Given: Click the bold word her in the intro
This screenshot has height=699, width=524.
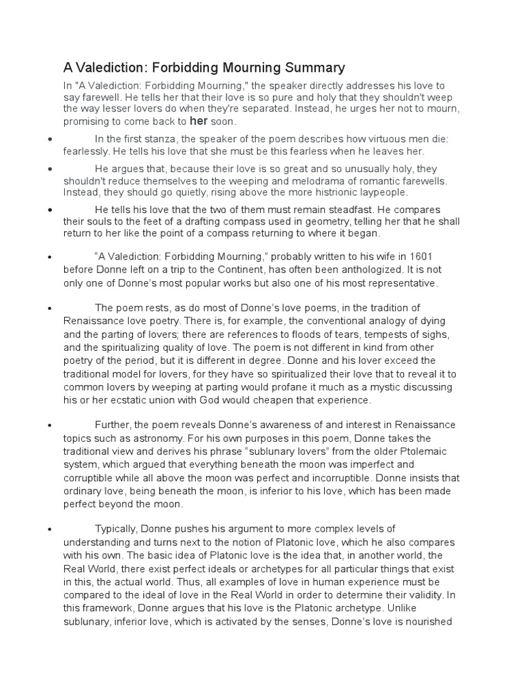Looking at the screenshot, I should pyautogui.click(x=199, y=122).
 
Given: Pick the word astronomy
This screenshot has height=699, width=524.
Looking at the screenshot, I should pyautogui.click(x=153, y=438).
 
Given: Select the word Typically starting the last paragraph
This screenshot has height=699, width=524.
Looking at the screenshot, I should pyautogui.click(x=117, y=529).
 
